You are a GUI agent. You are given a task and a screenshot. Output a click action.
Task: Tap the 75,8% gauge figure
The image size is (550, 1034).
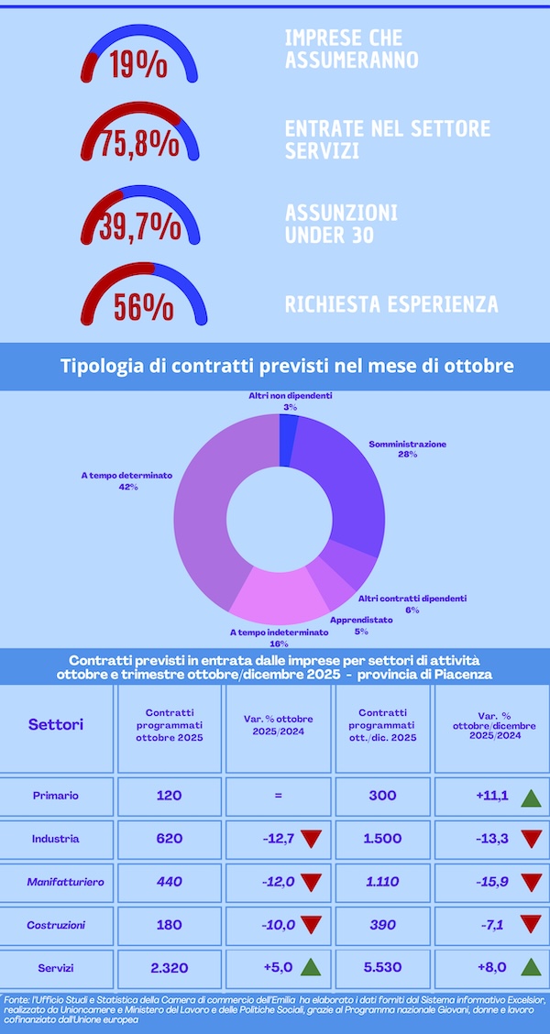point(139,144)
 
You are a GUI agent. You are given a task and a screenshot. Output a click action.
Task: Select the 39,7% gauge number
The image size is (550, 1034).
point(139,225)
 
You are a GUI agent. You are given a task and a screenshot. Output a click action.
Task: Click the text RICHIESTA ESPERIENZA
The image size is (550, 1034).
point(391,304)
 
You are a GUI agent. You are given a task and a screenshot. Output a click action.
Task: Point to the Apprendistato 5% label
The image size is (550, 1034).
point(361,625)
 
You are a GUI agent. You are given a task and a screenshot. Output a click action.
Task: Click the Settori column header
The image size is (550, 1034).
point(56,724)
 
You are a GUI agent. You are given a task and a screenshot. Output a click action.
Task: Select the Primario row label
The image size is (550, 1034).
point(55,796)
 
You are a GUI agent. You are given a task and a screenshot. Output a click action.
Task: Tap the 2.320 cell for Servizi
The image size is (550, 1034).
point(170,968)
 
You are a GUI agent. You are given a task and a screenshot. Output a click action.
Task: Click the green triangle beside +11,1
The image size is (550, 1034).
point(530,797)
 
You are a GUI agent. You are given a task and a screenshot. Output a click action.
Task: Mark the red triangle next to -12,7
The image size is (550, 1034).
point(311,839)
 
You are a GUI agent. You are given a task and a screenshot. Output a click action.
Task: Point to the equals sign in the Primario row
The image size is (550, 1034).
point(278,796)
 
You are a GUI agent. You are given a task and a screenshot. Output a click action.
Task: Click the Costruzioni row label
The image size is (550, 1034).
point(55,925)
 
